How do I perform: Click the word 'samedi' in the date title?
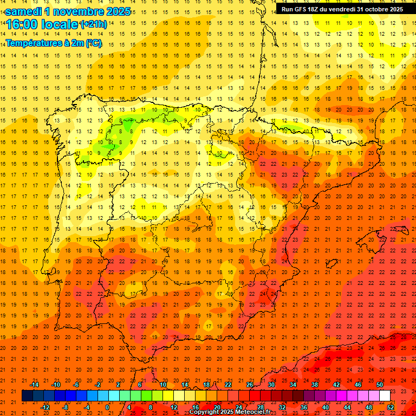[x=23, y=11]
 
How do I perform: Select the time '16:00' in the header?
[x=22, y=24]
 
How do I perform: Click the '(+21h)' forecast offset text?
[x=93, y=24]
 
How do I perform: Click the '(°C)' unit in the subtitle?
[x=94, y=43]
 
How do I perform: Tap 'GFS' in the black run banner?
[x=300, y=9]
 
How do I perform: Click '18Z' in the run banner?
[x=314, y=9]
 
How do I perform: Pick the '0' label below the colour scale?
[x=107, y=407]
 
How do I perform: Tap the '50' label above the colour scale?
[x=380, y=385]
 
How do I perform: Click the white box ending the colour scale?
[x=385, y=396]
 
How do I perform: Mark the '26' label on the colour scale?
[x=250, y=385]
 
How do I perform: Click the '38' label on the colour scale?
[x=315, y=385]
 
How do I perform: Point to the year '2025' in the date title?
[x=117, y=11]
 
